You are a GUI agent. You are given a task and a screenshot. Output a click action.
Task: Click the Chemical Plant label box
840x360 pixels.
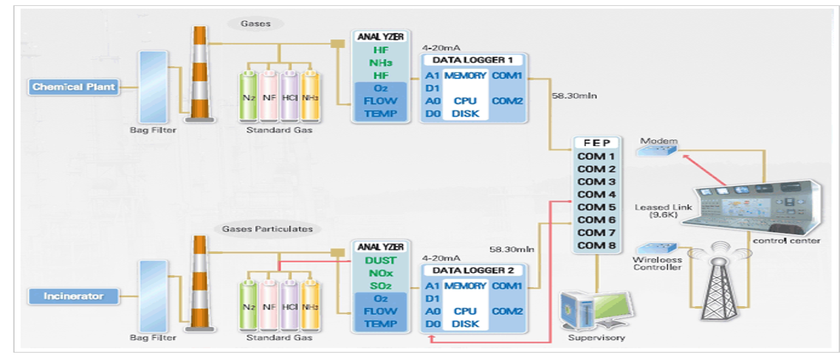tap(74, 87)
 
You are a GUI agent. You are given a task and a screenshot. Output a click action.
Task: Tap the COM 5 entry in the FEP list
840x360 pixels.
tap(596, 207)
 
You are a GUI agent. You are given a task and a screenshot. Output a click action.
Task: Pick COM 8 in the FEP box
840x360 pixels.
tap(596, 245)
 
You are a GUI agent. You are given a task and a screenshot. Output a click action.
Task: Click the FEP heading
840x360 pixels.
tap(596, 142)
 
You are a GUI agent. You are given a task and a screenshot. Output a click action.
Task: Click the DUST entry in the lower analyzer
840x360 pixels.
tap(380, 260)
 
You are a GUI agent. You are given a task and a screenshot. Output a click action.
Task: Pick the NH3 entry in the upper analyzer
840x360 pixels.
tap(380, 63)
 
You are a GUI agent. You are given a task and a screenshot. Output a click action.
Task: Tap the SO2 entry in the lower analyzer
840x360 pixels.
tap(380, 285)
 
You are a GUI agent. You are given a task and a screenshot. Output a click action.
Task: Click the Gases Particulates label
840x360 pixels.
tap(267, 229)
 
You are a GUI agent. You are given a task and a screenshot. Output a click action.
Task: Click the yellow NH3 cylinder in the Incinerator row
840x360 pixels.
tap(311, 305)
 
